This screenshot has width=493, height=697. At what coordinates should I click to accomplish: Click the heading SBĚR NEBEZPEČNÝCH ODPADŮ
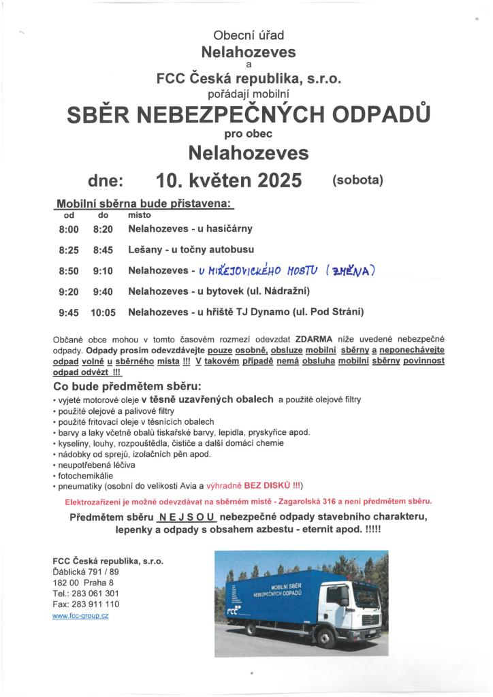click(x=249, y=115)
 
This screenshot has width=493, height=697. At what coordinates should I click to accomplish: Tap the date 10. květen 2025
click(x=229, y=180)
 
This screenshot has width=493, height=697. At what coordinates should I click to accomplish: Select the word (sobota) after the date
click(x=358, y=180)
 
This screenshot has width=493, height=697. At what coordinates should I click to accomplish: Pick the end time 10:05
click(x=103, y=312)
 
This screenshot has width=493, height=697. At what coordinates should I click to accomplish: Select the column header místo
click(x=139, y=214)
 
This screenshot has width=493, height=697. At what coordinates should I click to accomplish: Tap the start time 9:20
click(x=69, y=291)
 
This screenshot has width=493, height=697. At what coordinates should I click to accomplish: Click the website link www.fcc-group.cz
click(x=80, y=615)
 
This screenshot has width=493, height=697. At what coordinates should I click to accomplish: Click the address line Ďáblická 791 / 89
click(x=86, y=572)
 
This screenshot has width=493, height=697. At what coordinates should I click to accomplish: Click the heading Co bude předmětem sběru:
click(x=123, y=386)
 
